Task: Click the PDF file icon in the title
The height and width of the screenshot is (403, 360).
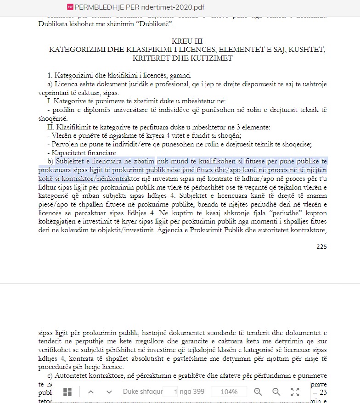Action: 70,7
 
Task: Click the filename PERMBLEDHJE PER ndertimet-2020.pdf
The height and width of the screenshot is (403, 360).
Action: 139,7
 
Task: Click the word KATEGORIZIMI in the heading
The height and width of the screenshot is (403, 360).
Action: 76,50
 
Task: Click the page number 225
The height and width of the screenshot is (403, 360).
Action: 321,246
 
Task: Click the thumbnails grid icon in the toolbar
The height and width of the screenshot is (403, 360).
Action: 67,392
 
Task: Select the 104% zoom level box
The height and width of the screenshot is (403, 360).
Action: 229,392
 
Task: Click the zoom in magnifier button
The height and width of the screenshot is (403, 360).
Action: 258,392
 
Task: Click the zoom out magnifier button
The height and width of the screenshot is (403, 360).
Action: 276,392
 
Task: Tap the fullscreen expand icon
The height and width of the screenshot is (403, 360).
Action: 295,392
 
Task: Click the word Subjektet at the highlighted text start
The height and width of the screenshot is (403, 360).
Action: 72,161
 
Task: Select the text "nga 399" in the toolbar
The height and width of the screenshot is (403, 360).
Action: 192,392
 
